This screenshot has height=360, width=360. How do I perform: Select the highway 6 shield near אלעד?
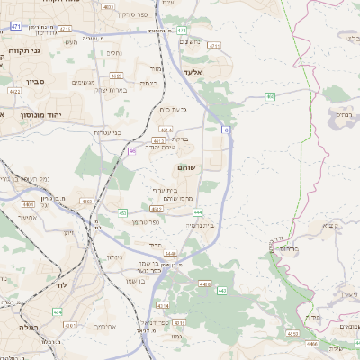pos(226,130)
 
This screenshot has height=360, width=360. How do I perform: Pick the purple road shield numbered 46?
pos(131,151)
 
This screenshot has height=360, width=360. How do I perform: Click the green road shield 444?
pos(197,211)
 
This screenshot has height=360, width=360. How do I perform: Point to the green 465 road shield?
pos(270,94)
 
